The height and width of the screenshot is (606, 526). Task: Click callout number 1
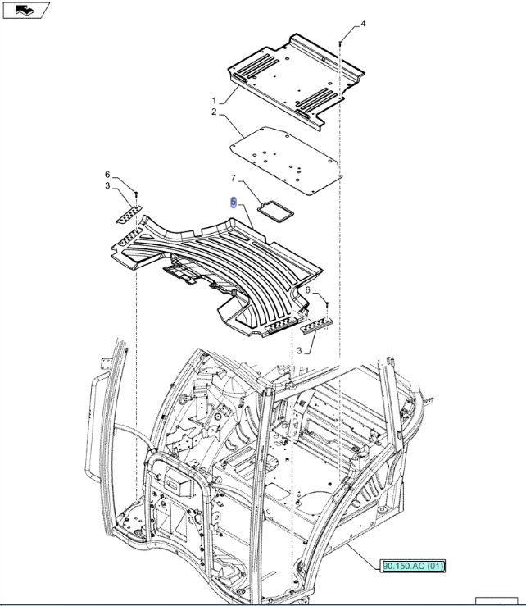coord(214,100)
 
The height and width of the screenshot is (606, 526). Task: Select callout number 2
coord(214,112)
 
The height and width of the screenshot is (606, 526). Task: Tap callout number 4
coord(363,24)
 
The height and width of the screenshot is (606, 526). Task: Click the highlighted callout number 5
coord(234,202)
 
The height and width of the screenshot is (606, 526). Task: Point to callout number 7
coord(233,178)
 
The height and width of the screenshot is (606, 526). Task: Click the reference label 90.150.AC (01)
coord(413,566)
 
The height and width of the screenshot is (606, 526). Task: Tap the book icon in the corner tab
coord(25,10)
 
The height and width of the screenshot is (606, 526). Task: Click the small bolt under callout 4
coord(340,40)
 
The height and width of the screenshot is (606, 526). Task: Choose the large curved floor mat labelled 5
coord(221,262)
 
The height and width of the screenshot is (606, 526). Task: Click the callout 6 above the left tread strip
coord(107,175)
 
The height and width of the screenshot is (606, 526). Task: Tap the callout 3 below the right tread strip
coord(300,350)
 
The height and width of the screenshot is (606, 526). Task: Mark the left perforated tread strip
coord(127,215)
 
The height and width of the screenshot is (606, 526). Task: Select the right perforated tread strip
coord(316,326)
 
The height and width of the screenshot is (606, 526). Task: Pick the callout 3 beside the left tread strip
coord(107,186)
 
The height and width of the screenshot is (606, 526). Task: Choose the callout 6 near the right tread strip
coord(308,289)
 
